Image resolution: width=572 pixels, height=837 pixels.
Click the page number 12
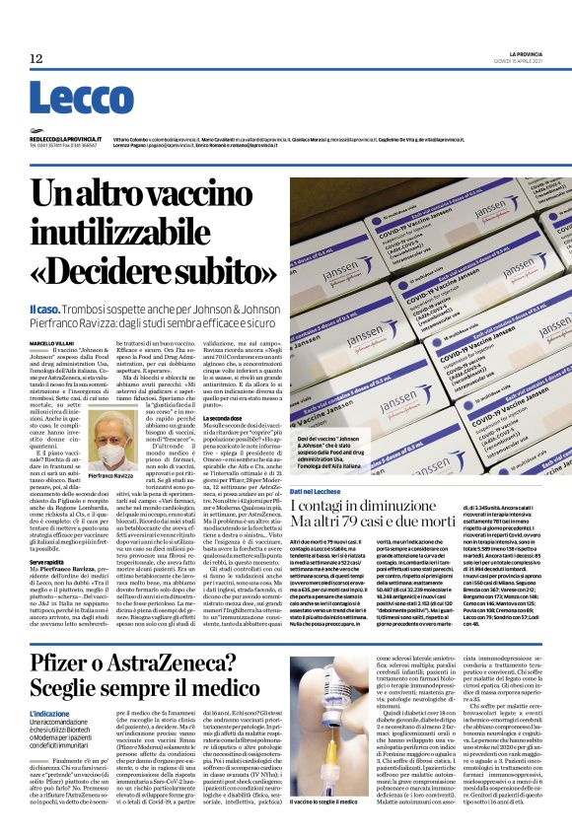tap(36, 58)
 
